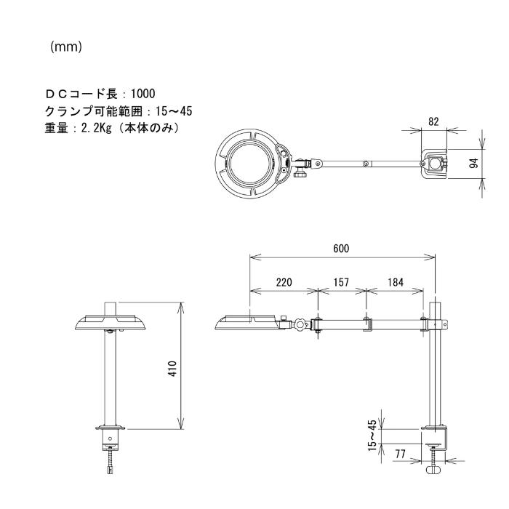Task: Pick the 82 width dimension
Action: point(433,122)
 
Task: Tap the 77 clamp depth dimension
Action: point(399,452)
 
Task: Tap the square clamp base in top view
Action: point(435,164)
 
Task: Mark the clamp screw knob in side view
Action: point(436,470)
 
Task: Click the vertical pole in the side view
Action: point(435,371)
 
